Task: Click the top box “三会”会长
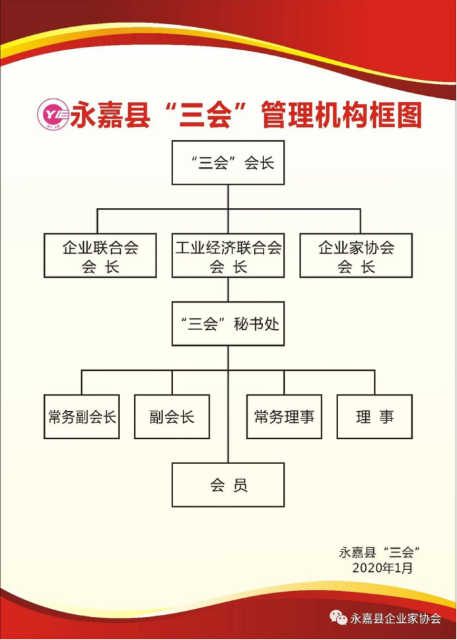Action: point(228,163)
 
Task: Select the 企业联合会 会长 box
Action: point(100,256)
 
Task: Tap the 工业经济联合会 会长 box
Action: point(228,256)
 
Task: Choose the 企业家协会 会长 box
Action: point(356,256)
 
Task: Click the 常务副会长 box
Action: point(82,417)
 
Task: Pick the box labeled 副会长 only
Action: point(172,417)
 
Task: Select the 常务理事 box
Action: point(284,417)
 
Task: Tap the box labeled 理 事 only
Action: point(374,417)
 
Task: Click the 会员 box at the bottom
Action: point(228,485)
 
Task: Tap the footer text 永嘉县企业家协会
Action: point(396,619)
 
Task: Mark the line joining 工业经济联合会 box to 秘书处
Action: point(228,290)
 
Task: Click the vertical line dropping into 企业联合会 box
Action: point(98,221)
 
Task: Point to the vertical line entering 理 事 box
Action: point(374,383)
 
